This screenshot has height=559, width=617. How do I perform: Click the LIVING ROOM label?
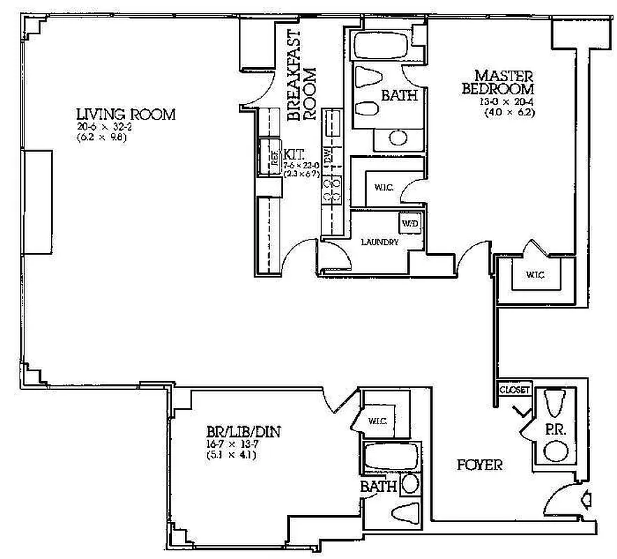pyautogui.click(x=126, y=115)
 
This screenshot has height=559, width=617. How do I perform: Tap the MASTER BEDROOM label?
pyautogui.click(x=504, y=82)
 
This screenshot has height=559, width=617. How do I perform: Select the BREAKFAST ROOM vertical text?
pyautogui.click(x=302, y=75)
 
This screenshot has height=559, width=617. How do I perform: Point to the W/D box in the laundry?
pyautogui.click(x=409, y=224)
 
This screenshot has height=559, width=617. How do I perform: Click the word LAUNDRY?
pyautogui.click(x=379, y=242)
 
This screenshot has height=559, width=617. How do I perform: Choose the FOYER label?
pyautogui.click(x=479, y=465)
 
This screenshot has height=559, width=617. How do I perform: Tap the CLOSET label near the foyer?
pyautogui.click(x=516, y=389)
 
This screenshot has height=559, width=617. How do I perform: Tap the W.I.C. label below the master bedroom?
pyautogui.click(x=535, y=275)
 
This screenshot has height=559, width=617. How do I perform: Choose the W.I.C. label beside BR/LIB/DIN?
pyautogui.click(x=377, y=420)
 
